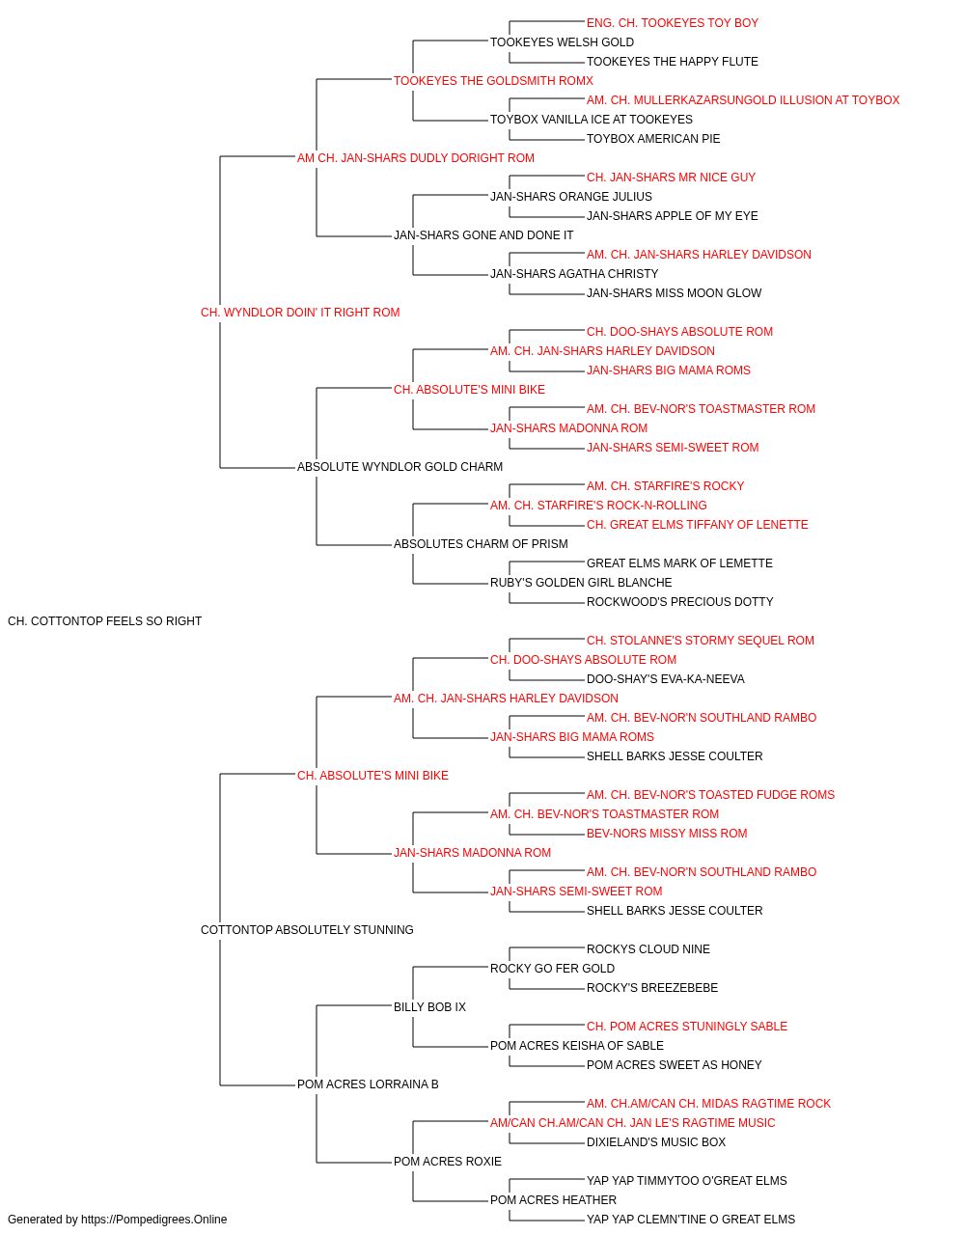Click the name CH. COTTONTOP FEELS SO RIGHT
(104, 621)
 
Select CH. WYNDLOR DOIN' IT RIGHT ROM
(300, 313)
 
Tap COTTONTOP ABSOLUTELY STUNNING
(307, 930)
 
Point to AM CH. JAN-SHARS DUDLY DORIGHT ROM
(416, 158)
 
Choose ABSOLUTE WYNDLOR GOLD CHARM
(400, 467)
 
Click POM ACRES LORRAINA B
(368, 1084)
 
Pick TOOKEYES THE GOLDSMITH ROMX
(493, 81)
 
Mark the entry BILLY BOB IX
(429, 1007)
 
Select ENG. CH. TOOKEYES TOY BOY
(673, 23)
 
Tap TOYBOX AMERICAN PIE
(653, 139)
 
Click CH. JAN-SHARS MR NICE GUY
(671, 178)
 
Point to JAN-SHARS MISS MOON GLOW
(674, 293)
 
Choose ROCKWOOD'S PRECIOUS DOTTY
(679, 602)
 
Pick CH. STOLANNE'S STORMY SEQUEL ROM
(701, 641)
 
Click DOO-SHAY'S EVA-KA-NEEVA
(666, 679)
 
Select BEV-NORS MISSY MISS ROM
(667, 834)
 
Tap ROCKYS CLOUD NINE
(648, 949)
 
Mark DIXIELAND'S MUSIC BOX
(656, 1142)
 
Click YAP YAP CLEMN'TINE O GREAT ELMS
(691, 1220)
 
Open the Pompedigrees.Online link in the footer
(153, 1220)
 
